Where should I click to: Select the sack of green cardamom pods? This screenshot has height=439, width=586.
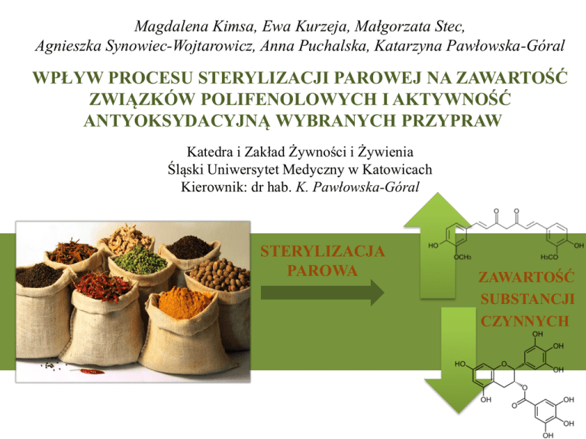(137, 263)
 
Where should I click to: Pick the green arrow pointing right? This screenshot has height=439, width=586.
(321, 291)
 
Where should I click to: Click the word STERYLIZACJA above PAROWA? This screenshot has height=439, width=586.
(321, 252)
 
